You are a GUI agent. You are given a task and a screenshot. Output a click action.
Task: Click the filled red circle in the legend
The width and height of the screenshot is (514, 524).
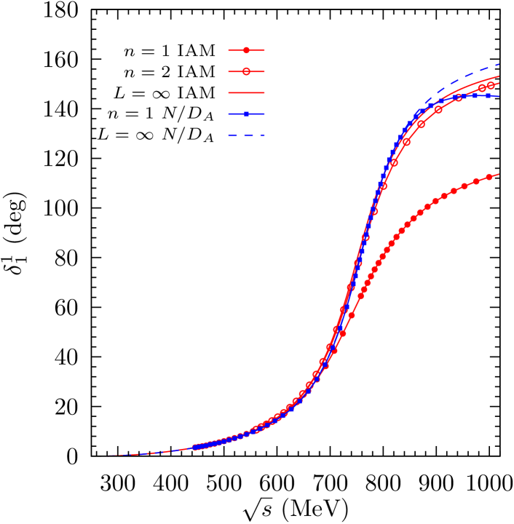click(246, 50)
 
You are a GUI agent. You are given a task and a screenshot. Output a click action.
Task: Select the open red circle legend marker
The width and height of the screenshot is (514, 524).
click(246, 71)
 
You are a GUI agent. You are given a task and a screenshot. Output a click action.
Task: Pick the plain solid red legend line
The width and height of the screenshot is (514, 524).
click(246, 93)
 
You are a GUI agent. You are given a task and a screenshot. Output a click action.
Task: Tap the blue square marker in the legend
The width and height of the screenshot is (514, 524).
click(246, 114)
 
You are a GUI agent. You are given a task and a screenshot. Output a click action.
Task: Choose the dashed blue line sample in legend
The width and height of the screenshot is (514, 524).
click(246, 135)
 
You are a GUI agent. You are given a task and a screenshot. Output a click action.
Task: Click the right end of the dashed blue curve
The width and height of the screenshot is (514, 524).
click(499, 64)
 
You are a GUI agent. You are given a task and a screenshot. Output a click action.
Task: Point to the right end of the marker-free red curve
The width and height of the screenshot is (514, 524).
click(499, 76)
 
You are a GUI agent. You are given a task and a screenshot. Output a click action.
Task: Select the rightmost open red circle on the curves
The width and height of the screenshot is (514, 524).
click(491, 86)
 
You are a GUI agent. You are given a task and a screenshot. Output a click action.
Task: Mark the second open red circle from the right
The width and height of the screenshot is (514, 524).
click(482, 88)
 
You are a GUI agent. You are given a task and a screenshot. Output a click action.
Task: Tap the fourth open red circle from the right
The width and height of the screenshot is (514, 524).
click(438, 110)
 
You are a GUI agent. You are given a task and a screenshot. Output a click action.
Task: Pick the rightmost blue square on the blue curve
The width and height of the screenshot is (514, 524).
click(489, 95)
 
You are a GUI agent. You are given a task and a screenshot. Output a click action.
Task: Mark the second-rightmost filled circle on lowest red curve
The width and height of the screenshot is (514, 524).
click(476, 181)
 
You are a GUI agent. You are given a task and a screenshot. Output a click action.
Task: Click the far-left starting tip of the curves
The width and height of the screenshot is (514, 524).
click(109, 456)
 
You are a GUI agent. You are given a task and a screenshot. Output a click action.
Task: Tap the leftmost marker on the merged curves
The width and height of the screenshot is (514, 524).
click(195, 447)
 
